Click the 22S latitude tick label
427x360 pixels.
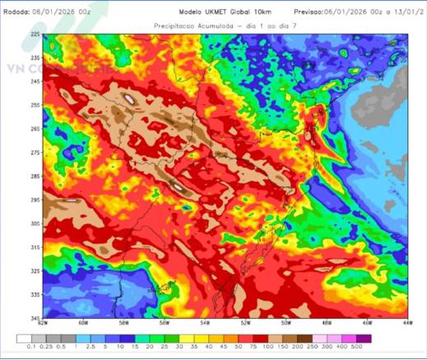[35, 35]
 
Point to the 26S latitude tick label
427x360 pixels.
[35, 129]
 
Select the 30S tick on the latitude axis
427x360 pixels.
[35, 224]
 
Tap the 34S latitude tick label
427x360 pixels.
[35, 317]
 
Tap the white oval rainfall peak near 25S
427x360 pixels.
[130, 101]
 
